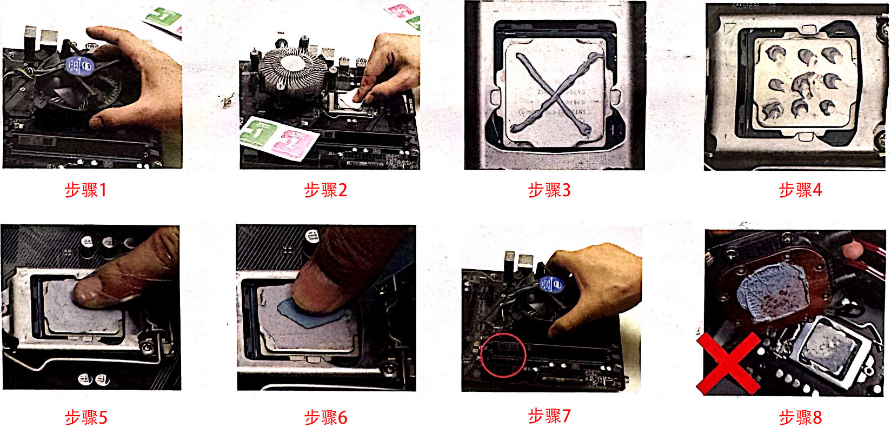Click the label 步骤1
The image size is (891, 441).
point(85,190)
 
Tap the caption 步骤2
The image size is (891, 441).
point(326,190)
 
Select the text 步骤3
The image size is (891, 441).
point(549,190)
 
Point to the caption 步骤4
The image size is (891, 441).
point(800,190)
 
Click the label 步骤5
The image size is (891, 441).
point(86,418)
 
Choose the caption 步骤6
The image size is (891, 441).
point(326,418)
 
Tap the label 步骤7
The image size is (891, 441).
point(549,416)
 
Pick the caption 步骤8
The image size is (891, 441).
point(800,418)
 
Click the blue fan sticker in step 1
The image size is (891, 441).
point(80,65)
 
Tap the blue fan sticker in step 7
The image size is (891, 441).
point(552,284)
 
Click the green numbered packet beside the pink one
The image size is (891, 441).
point(258,132)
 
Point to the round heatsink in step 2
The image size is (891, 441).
point(292,73)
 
